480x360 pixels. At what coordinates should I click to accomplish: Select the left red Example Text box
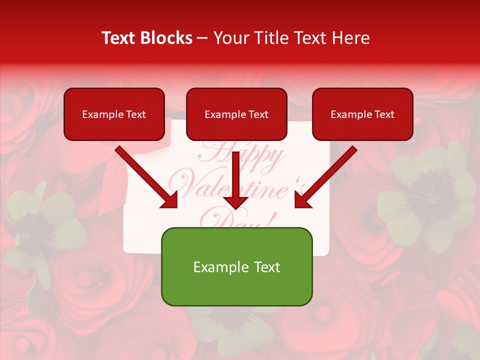[114, 114]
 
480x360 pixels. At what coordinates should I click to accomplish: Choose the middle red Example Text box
[236, 114]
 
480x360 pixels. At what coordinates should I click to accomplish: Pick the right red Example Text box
[362, 114]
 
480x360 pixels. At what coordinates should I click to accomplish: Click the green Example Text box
[236, 266]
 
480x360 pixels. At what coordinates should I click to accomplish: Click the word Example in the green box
[213, 267]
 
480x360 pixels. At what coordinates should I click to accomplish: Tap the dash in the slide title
[202, 38]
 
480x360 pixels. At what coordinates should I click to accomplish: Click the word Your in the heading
[230, 38]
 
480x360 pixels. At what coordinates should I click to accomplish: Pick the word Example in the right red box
[349, 114]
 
